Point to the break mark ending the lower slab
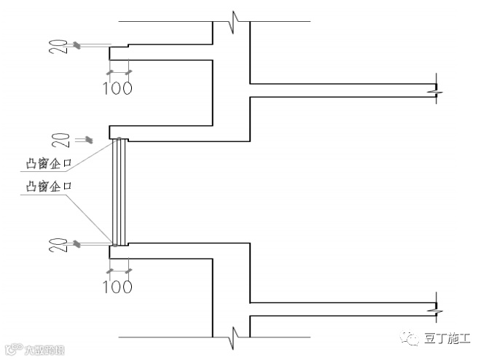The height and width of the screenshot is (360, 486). tap(434, 309)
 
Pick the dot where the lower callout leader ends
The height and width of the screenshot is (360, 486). tap(114, 243)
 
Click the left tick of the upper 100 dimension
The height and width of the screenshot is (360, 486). tap(109, 72)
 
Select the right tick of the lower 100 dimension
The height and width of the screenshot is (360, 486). tap(129, 271)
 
